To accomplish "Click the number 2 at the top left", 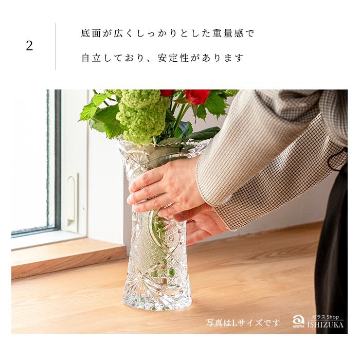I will pyautogui.click(x=29, y=46).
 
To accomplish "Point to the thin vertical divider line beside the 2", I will pyautogui.click(x=55, y=46).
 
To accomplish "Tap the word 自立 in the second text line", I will pyautogui.click(x=90, y=58).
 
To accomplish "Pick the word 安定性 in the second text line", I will pyautogui.click(x=178, y=58).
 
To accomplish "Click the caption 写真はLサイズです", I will pyautogui.click(x=243, y=322).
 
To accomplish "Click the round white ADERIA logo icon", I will pyautogui.click(x=298, y=320).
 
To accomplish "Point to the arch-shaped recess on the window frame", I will pyautogui.click(x=71, y=195).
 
